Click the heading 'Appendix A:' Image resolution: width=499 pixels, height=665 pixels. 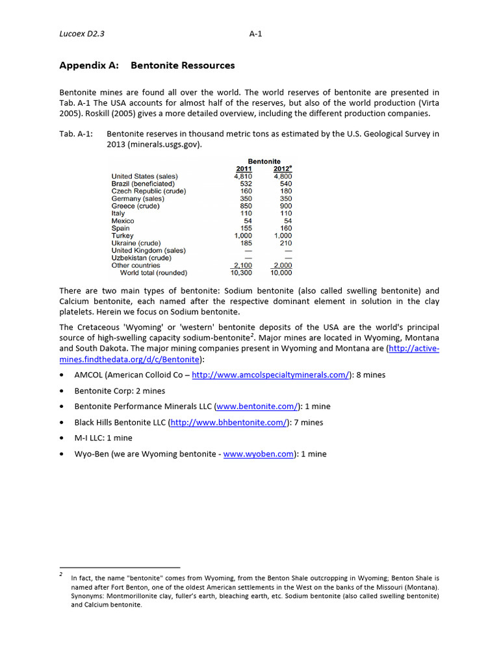point(89,66)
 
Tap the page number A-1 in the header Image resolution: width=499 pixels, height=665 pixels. point(255,34)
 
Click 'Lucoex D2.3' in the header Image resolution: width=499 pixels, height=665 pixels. point(81,34)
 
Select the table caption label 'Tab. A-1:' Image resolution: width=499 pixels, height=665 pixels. point(75,134)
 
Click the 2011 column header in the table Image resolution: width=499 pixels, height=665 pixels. point(244,169)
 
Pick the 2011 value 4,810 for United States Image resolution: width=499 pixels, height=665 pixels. point(242,176)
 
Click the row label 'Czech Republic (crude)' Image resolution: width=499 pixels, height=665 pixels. point(149,191)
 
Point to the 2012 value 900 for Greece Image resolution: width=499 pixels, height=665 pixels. point(285,206)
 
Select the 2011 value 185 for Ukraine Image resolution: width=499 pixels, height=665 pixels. point(246,243)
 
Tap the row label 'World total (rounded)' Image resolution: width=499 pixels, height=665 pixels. point(153,273)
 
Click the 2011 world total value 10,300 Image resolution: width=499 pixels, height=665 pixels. point(241,273)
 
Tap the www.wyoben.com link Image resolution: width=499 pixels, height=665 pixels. point(259,454)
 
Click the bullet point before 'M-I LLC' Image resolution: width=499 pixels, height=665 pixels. point(61,438)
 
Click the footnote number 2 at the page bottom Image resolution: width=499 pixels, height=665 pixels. point(60,574)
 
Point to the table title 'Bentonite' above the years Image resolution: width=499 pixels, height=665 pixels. point(264,161)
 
